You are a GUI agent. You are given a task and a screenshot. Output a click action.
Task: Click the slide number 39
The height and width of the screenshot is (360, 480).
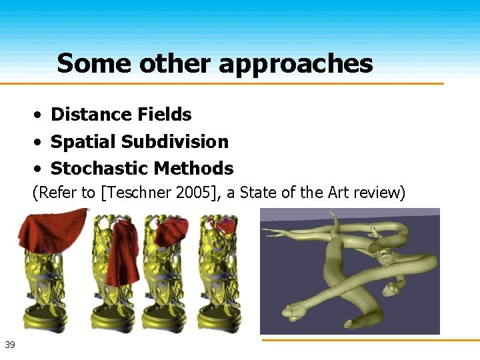click(10, 345)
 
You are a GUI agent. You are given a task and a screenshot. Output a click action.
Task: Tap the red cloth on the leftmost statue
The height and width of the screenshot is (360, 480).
click(50, 230)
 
